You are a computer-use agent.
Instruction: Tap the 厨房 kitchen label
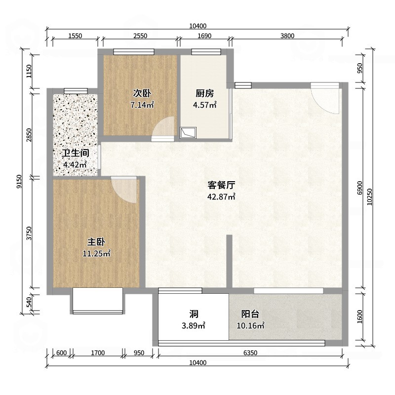tap(204, 93)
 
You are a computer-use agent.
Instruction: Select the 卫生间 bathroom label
tap(75, 153)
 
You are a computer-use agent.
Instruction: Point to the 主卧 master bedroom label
tap(96, 242)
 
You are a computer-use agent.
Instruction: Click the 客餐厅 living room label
tap(221, 185)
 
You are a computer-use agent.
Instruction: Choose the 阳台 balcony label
tap(250, 314)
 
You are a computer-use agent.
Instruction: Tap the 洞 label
tap(194, 314)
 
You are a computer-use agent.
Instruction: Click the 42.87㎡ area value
tap(221, 197)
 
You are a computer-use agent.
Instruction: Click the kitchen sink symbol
tap(188, 132)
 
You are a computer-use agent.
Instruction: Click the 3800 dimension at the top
tap(287, 35)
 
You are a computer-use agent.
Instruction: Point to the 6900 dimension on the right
tap(359, 188)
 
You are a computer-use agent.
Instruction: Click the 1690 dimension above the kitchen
tap(204, 35)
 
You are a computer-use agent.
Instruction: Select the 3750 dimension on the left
tap(29, 233)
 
